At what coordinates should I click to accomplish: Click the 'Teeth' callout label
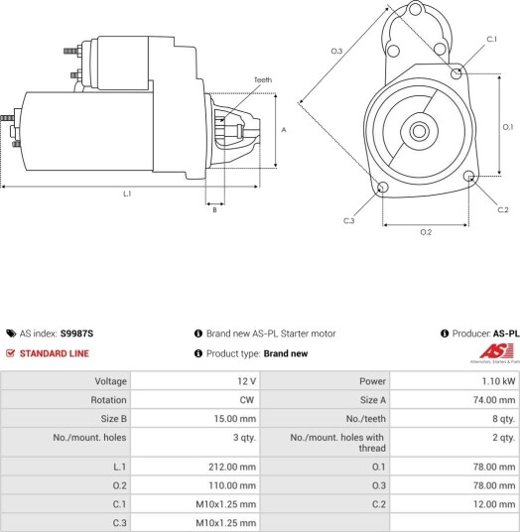pyautogui.click(x=263, y=79)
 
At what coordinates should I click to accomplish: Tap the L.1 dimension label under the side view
pyautogui.click(x=127, y=194)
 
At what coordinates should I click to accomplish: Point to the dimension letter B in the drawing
pyautogui.click(x=214, y=210)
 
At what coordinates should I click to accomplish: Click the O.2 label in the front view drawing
pyautogui.click(x=426, y=232)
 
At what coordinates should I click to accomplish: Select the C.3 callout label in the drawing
pyautogui.click(x=348, y=220)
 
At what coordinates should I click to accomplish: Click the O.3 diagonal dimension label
pyautogui.click(x=336, y=51)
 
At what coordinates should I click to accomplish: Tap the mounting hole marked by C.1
pyautogui.click(x=456, y=73)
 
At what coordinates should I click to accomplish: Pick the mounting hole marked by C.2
pyautogui.click(x=469, y=176)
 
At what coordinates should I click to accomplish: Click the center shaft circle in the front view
pyautogui.click(x=419, y=131)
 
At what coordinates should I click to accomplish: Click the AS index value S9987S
pyautogui.click(x=76, y=333)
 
